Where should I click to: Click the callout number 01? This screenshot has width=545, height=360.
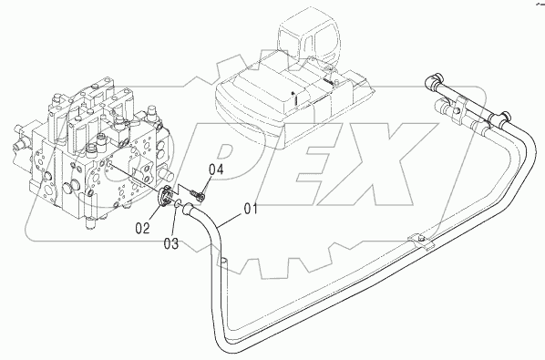[251, 209]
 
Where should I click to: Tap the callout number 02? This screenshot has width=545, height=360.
[142, 228]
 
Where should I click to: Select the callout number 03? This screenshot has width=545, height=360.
[171, 243]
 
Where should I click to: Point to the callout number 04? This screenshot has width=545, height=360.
[216, 170]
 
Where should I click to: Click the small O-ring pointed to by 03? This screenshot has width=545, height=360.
[178, 204]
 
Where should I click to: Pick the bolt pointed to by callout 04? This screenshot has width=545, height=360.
[198, 195]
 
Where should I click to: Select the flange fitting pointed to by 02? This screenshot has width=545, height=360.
[164, 196]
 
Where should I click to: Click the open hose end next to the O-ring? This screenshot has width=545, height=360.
[187, 209]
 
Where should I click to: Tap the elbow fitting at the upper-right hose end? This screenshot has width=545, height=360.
[434, 80]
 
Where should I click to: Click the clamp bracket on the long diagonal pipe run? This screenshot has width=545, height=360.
[420, 242]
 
